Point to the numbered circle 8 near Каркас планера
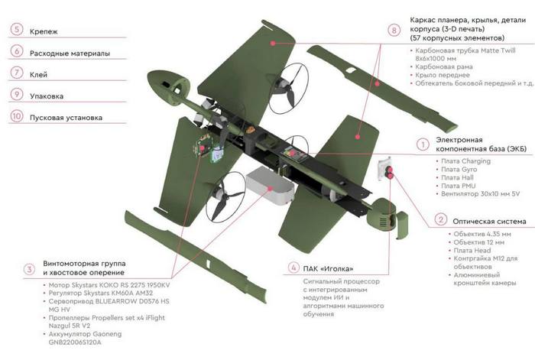394,31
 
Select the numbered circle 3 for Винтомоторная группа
29,268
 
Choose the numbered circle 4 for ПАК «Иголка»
293,268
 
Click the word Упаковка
47,96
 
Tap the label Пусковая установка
66,118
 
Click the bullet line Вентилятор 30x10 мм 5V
482,194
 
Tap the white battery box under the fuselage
269,183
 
